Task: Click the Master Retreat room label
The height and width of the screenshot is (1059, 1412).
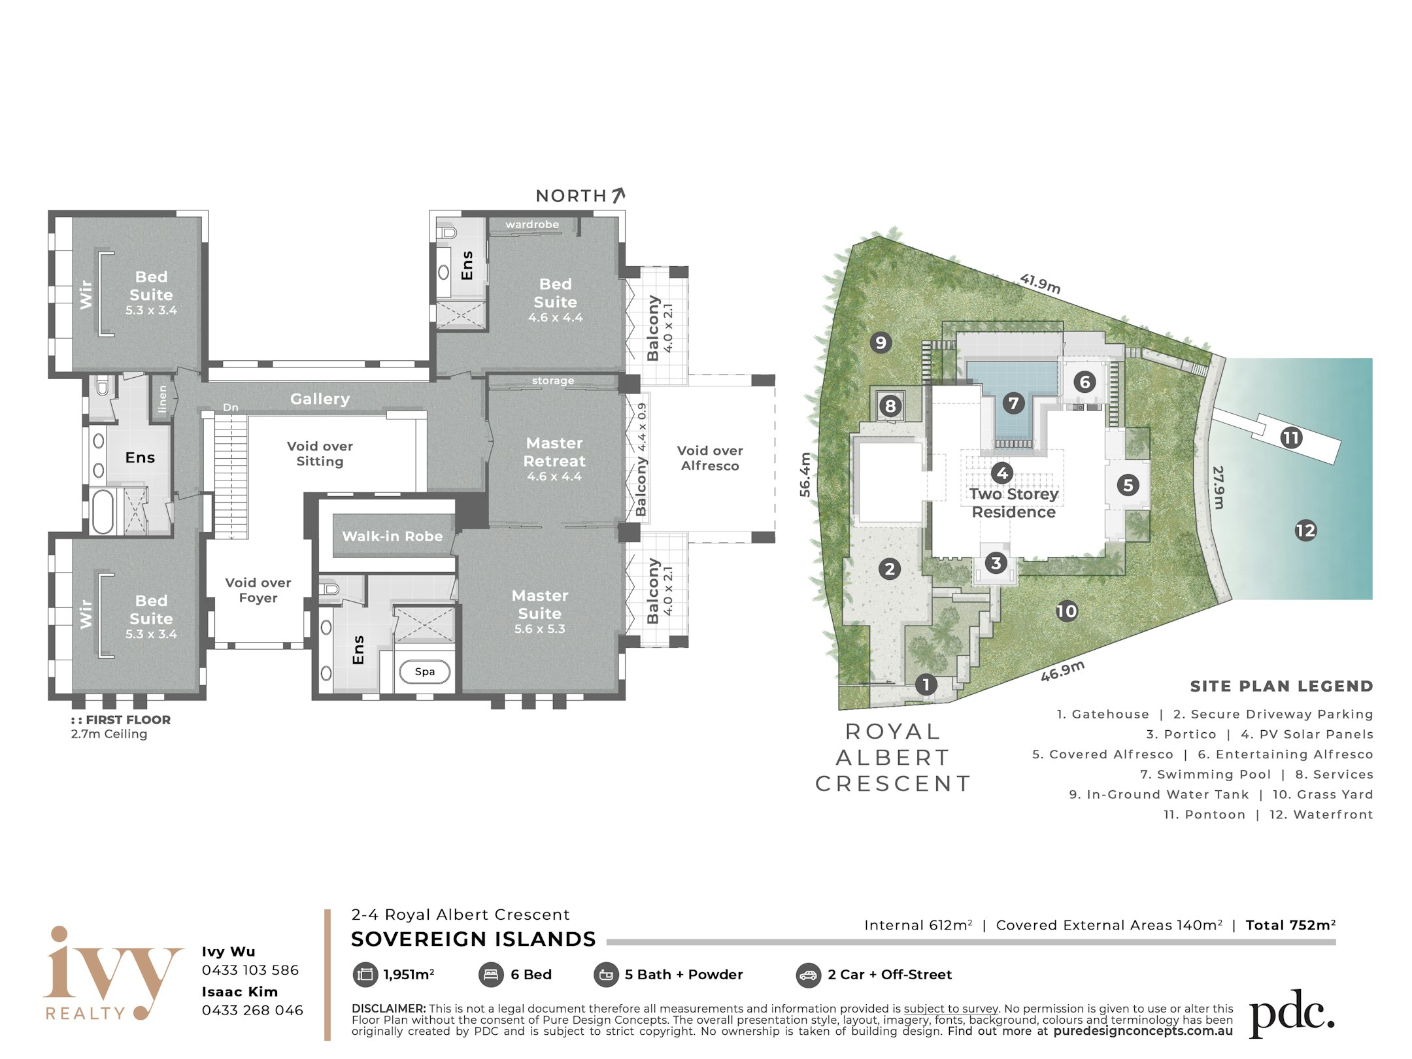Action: tap(554, 452)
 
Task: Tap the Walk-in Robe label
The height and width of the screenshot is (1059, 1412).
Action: tap(392, 536)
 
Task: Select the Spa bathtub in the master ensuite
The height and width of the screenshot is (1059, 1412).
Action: tap(425, 671)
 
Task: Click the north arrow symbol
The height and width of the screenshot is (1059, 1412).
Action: tap(618, 195)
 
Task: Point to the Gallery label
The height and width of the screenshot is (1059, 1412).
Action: tap(320, 399)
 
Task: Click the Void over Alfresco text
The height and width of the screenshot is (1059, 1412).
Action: tap(710, 458)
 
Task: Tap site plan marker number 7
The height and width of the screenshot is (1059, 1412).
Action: tap(1013, 403)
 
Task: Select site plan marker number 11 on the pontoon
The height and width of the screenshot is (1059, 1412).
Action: tap(1291, 437)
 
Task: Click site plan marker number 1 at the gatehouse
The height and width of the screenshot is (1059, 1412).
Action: tap(926, 685)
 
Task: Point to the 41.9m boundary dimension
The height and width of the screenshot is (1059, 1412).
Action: tap(1040, 284)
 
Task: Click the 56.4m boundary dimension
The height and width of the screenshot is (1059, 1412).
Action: tap(805, 475)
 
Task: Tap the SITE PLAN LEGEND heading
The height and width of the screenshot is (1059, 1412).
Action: tap(1281, 686)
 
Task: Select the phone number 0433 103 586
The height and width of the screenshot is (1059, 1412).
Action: tap(250, 970)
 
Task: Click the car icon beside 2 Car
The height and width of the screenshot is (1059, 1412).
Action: tap(809, 975)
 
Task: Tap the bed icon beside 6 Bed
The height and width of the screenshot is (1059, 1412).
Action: tap(491, 975)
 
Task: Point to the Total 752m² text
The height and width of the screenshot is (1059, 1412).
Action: tap(1290, 925)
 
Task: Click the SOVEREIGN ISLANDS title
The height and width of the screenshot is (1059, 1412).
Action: tap(473, 939)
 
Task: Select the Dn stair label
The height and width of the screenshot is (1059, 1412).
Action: tap(231, 407)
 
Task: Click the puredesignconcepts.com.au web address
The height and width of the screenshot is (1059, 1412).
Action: tap(1143, 1031)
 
